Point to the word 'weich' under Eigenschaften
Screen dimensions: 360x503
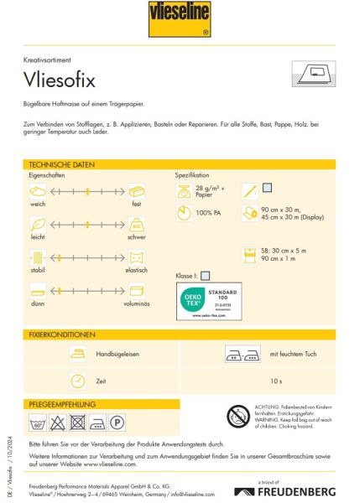[36, 204]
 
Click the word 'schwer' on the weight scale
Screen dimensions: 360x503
[136, 237]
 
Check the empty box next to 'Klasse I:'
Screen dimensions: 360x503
[206, 274]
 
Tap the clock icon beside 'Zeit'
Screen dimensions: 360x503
[77, 381]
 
